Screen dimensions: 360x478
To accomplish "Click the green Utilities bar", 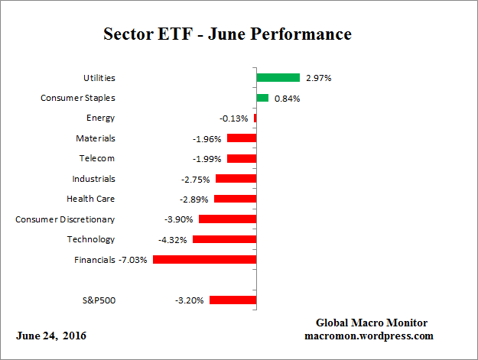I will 278,78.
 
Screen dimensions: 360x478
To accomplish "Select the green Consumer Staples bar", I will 262,98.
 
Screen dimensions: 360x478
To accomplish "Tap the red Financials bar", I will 204,260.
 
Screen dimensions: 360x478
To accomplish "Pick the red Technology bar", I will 224,239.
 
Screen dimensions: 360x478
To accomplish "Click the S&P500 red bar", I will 232,300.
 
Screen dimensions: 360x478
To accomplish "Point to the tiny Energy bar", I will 255,118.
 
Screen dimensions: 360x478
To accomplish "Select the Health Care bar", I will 235,199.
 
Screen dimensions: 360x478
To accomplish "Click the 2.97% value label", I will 318,78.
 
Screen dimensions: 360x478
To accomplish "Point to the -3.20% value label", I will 190,300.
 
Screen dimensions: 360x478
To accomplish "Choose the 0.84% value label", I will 287,98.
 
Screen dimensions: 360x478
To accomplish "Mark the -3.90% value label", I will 180,219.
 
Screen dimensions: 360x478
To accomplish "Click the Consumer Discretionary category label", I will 65,219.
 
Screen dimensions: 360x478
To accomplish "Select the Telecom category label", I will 96,158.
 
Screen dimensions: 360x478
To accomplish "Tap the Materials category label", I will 95,138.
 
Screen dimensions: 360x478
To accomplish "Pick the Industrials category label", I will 93,179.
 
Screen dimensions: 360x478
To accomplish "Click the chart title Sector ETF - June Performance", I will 227,34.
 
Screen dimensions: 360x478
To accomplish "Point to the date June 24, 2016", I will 51,336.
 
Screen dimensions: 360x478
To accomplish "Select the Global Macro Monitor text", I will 371,323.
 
